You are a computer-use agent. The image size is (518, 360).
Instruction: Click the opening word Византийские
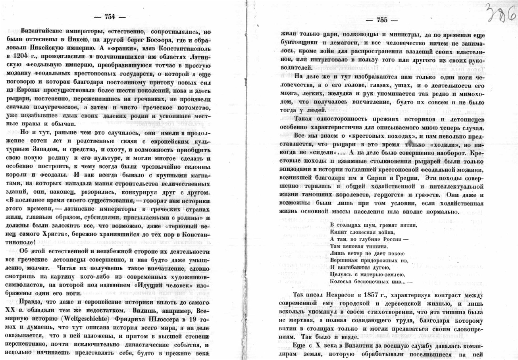[43, 31]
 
